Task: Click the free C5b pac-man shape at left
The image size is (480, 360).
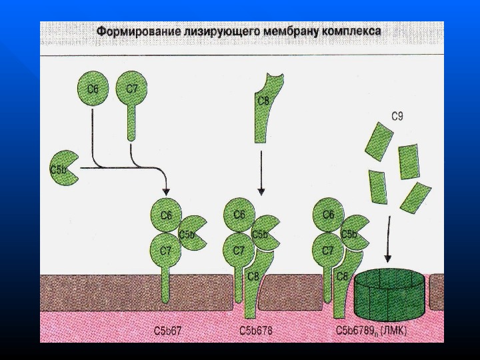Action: point(65,169)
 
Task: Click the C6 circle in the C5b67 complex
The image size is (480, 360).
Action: point(166,215)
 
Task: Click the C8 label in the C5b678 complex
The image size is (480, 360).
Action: point(253,276)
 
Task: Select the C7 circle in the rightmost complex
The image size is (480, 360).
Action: point(327,251)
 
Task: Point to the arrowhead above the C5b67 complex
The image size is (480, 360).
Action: point(167,190)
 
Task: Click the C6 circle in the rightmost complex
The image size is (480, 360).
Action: point(327,215)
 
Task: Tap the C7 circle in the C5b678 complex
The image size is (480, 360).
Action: point(239,251)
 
